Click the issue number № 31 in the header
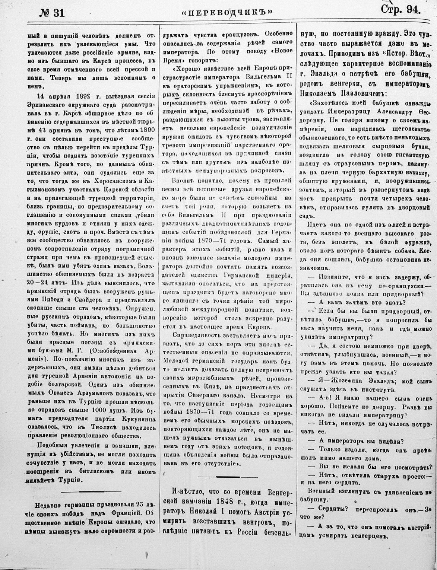point(52,12)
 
